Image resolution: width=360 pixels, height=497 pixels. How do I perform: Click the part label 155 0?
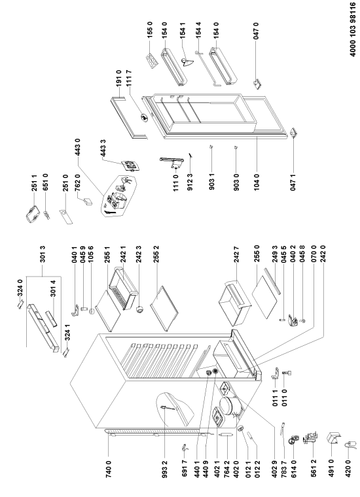pyautogui.click(x=150, y=30)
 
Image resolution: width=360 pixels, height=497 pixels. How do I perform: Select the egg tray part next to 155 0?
pyautogui.click(x=152, y=60)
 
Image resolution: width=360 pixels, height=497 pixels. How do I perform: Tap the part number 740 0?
pyautogui.click(x=109, y=468)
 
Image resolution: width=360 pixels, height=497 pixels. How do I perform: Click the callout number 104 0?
pyautogui.click(x=257, y=182)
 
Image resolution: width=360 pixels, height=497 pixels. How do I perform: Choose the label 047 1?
pyautogui.click(x=293, y=182)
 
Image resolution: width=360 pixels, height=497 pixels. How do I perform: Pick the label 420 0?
pyautogui.click(x=348, y=468)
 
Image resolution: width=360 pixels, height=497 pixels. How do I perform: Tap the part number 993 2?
pyautogui.click(x=164, y=468)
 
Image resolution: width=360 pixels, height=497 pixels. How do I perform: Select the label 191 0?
pyautogui.click(x=118, y=78)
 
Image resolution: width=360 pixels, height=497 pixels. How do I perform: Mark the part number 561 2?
pyautogui.click(x=314, y=468)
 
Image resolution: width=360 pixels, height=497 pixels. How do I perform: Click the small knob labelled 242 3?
pyautogui.click(x=139, y=310)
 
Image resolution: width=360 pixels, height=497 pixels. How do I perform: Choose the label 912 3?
pyautogui.click(x=190, y=182)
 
